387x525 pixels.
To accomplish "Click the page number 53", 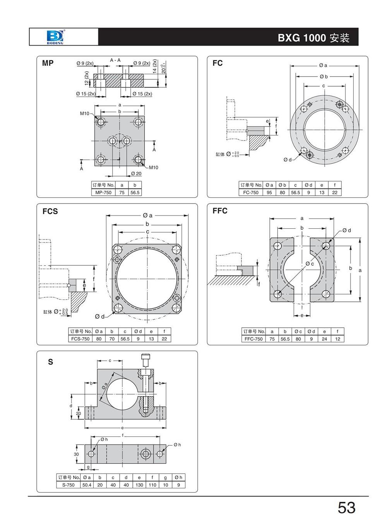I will tap(346, 508).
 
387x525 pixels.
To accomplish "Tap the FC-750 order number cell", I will tap(251, 192).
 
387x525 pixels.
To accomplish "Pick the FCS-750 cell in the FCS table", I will tap(80, 339).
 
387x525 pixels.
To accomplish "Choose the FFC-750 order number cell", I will tap(253, 339).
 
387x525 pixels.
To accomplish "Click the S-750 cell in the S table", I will tap(68, 485).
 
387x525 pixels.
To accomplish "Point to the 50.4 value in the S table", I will tap(87, 485).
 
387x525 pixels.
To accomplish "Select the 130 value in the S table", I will tap(139, 485).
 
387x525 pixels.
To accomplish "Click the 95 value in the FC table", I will tap(269, 192).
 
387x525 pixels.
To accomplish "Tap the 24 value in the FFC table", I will tap(324, 339).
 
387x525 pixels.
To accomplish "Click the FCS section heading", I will tap(50, 211).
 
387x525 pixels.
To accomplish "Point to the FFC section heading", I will tap(220, 211).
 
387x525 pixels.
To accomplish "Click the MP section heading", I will tap(48, 63).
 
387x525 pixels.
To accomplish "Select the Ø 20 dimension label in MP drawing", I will tap(136, 174).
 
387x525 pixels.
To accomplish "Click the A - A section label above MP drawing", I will tap(115, 60).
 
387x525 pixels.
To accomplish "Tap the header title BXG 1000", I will tap(302, 38).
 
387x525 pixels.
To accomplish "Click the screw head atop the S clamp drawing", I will tap(146, 358).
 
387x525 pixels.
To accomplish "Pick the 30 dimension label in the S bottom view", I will tap(76, 454).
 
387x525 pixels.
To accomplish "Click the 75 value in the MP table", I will tap(122, 192).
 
